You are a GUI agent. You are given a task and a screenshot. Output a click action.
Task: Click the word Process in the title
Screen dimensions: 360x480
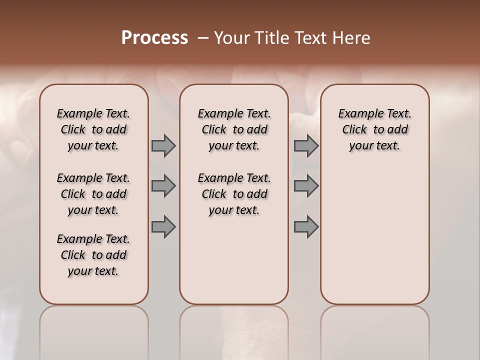[154, 38]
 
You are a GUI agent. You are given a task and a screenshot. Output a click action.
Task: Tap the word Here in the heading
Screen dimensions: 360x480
[353, 38]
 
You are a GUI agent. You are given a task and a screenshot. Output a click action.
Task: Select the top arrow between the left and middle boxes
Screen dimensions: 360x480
[163, 146]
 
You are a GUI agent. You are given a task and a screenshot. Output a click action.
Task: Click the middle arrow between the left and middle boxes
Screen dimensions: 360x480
[163, 186]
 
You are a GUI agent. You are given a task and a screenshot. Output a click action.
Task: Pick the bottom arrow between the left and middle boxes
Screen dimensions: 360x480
[163, 227]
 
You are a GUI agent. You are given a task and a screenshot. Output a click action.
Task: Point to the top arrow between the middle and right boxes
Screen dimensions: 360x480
[306, 146]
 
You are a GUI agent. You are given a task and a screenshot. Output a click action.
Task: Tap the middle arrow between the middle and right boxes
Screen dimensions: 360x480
[306, 186]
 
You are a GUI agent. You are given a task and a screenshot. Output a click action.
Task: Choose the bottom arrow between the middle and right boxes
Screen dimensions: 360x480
[306, 227]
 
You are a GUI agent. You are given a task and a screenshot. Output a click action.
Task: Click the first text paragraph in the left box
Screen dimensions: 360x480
[93, 129]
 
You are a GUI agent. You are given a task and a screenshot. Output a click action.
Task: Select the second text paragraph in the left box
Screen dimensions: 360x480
[93, 194]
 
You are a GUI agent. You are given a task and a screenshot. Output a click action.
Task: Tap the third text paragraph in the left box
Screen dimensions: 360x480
[93, 255]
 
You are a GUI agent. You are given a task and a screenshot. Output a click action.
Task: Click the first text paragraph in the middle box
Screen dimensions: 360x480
[234, 129]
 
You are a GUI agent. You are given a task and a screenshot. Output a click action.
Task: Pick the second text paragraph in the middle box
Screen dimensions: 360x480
[234, 194]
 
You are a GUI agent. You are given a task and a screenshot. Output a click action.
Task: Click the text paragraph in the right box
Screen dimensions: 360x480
[374, 129]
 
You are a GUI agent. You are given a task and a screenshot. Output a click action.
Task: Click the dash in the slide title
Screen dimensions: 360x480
[202, 38]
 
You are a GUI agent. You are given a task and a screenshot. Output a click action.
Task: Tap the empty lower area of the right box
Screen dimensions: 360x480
[374, 235]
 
